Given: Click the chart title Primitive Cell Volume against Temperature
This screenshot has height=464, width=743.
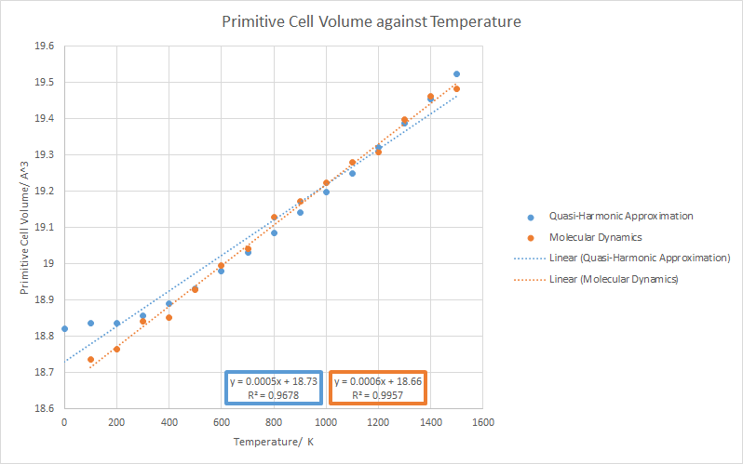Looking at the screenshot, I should [371, 20].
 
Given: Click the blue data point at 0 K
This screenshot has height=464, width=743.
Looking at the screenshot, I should [64, 328].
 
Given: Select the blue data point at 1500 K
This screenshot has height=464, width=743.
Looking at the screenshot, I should [456, 73].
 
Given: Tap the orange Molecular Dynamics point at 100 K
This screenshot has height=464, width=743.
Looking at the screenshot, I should [90, 359].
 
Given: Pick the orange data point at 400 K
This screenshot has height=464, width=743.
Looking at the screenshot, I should [169, 317].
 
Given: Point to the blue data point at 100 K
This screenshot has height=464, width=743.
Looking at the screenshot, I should [90, 323].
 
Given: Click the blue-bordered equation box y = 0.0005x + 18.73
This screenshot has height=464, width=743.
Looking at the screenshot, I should [274, 388].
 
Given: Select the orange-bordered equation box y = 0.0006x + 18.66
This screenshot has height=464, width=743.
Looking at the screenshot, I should [378, 388].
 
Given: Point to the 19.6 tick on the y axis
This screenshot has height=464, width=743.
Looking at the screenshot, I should [44, 46].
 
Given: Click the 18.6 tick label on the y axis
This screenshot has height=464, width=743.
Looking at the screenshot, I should [44, 408].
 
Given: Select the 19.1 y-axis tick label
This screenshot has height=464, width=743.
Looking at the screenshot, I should [44, 227].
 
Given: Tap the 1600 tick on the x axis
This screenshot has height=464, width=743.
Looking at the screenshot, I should [482, 422].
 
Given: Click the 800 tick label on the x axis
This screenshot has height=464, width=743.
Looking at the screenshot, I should [273, 422].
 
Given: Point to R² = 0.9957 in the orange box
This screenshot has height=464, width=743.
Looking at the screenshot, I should [378, 394].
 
